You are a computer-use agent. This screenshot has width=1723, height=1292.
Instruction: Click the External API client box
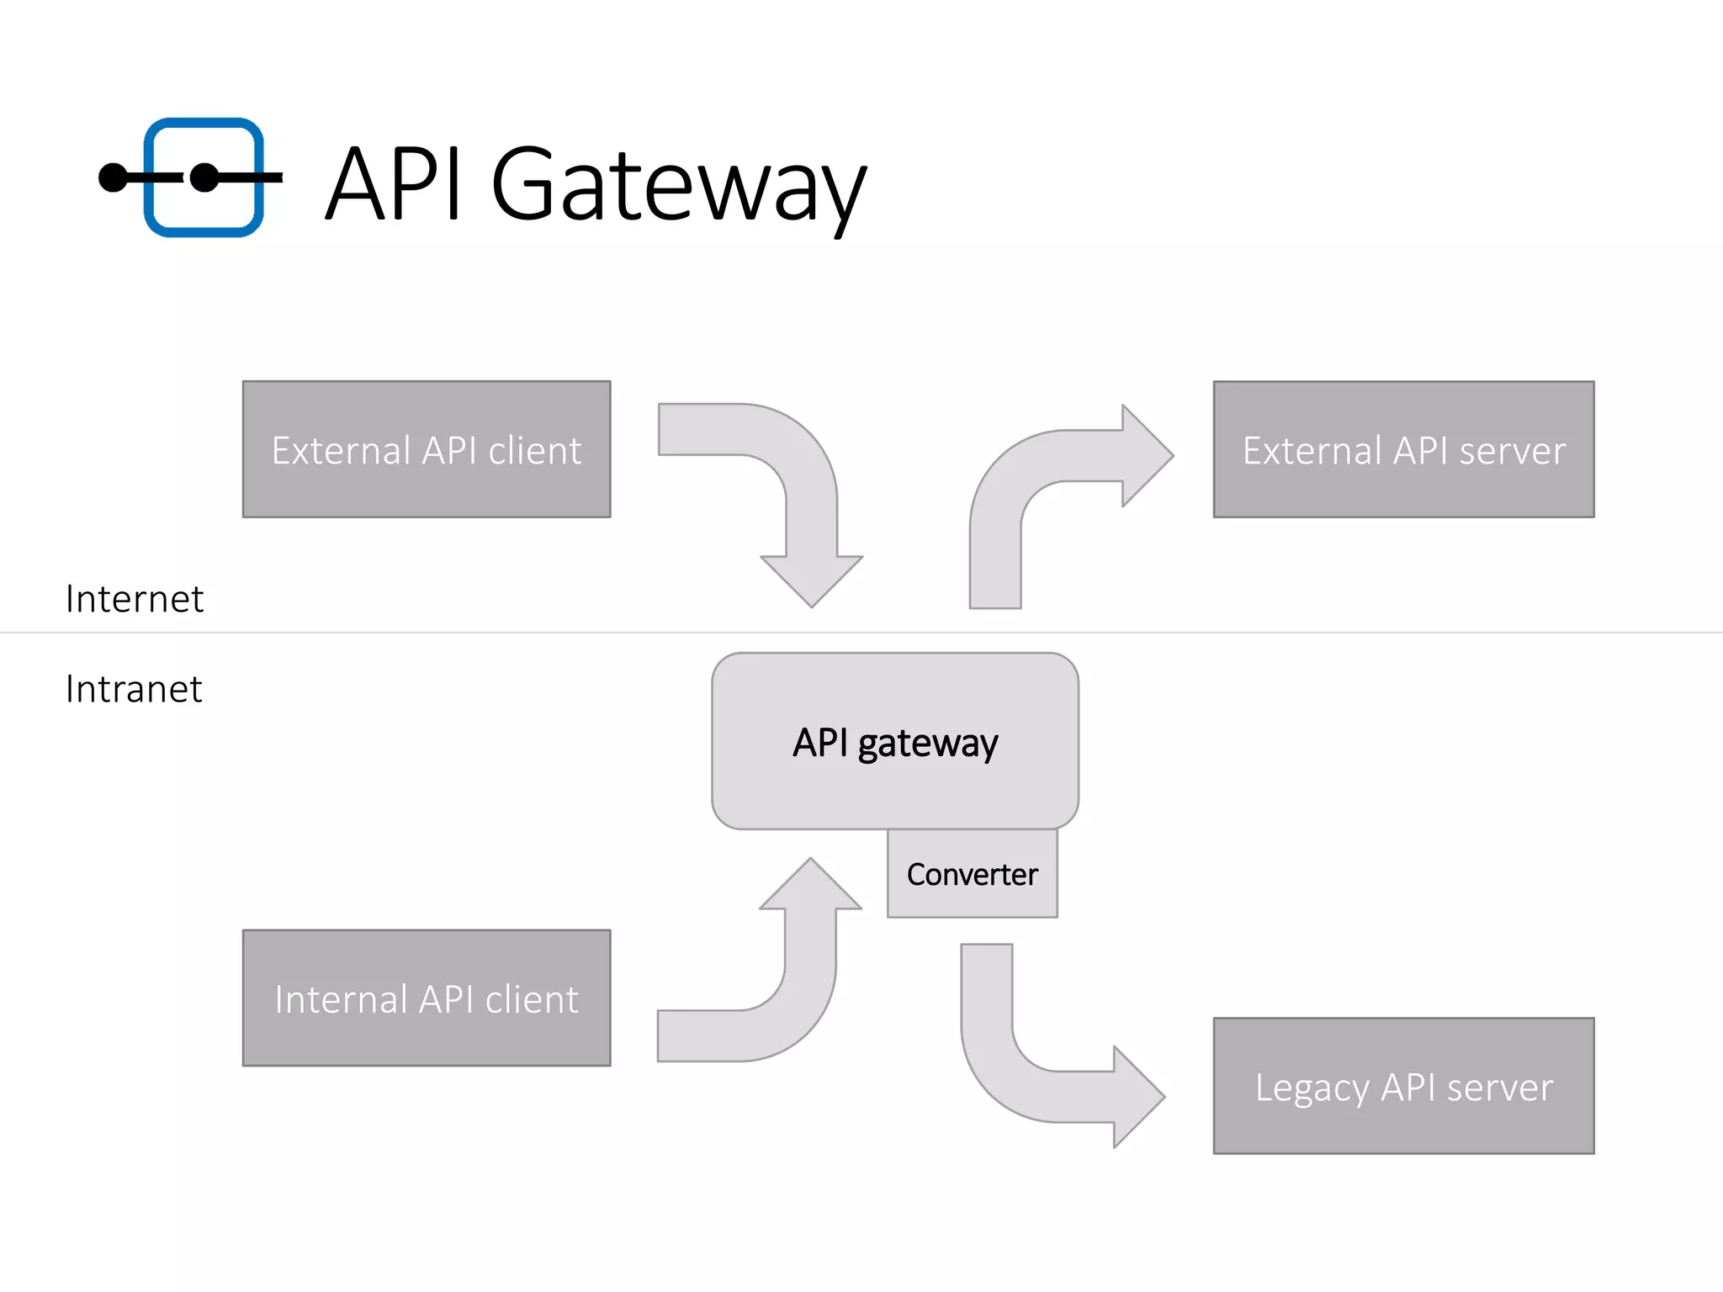pyautogui.click(x=427, y=449)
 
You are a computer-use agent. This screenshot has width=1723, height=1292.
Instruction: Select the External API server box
pyautogui.click(x=1403, y=449)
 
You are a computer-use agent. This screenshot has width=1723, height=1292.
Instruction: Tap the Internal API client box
pyautogui.click(x=427, y=998)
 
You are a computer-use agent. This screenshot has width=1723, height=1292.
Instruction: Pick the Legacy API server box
pyautogui.click(x=1403, y=1086)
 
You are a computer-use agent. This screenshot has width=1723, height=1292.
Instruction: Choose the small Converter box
pyautogui.click(x=972, y=875)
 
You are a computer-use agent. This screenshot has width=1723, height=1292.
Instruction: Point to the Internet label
pyautogui.click(x=135, y=599)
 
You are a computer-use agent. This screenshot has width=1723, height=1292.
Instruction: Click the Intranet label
pyautogui.click(x=134, y=689)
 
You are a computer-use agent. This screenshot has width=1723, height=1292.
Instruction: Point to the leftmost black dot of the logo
pyautogui.click(x=113, y=177)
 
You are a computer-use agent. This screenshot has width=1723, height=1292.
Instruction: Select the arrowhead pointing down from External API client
pyautogui.click(x=811, y=580)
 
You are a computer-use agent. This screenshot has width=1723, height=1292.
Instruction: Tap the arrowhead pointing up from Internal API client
pyautogui.click(x=810, y=886)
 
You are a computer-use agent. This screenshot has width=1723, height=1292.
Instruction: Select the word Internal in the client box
pyautogui.click(x=341, y=999)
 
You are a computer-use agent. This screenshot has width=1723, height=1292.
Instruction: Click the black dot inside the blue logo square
pyautogui.click(x=204, y=177)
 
